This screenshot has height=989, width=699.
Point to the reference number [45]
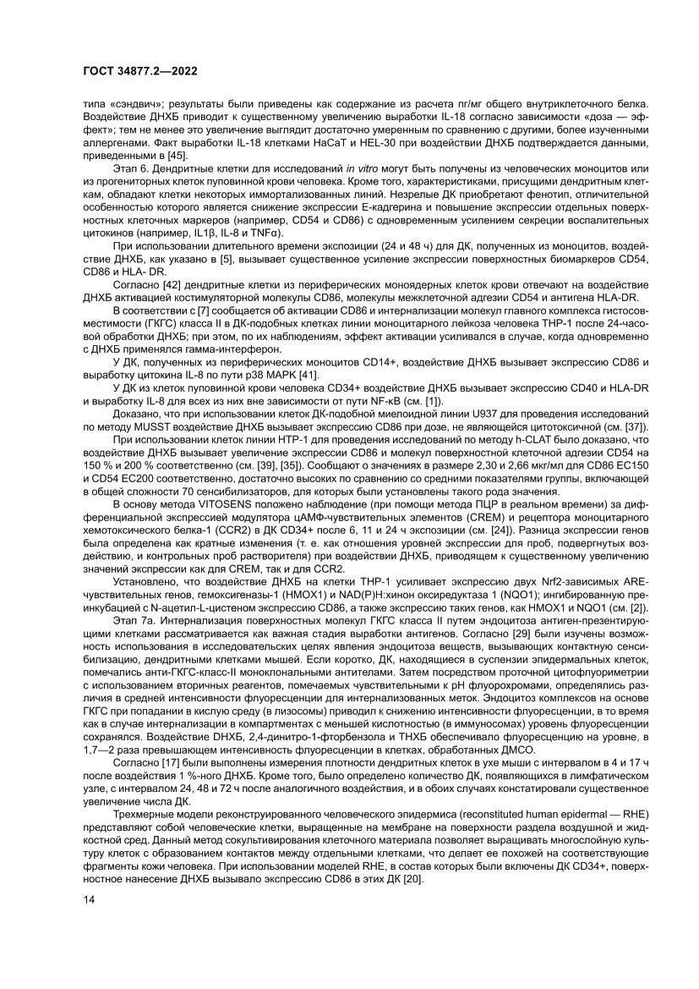[177, 157]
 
